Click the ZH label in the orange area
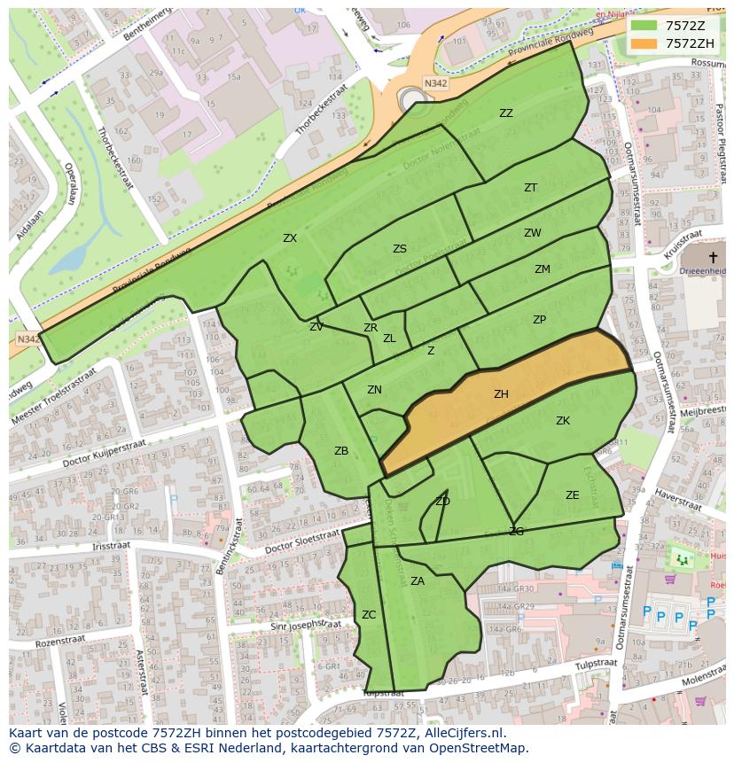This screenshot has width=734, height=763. [x=501, y=395]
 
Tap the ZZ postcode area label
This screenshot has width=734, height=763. [x=505, y=113]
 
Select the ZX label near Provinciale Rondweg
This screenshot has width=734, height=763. [x=290, y=238]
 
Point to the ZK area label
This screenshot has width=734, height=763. [x=562, y=421]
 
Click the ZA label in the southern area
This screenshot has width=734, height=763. [x=418, y=581]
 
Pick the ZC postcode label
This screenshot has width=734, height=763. [x=369, y=615]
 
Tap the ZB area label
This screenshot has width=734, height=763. [x=341, y=451]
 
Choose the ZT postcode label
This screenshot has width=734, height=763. [x=530, y=188]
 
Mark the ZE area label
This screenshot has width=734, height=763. [x=572, y=495]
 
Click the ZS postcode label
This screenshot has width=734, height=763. [x=400, y=249]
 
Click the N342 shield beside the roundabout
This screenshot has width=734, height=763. [x=435, y=83]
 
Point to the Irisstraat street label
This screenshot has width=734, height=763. [x=111, y=547]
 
